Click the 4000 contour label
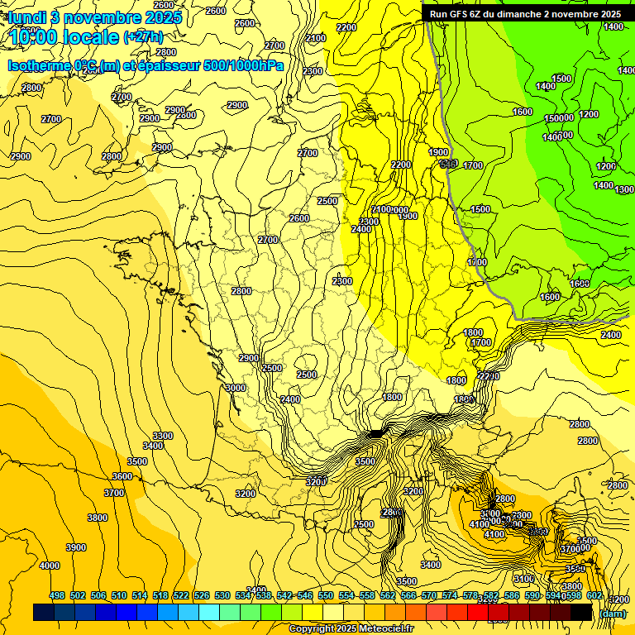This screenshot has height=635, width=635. coord(50,566)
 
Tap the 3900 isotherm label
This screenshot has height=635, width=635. coord(76,547)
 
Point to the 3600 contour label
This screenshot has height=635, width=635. coord(122,476)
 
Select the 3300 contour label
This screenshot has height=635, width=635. coord(163,436)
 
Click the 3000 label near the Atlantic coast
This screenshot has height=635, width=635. coord(236,388)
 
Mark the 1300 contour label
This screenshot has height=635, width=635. coord(625,190)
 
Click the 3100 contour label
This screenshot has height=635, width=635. coord(523,579)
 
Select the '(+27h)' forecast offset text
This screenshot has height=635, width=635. coord(143,37)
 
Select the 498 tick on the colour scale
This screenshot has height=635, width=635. coord(57,595)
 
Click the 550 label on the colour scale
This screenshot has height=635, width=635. coord(326,595)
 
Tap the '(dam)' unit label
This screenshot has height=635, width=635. coord(612,613)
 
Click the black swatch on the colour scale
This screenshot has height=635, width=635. coord(581,613)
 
